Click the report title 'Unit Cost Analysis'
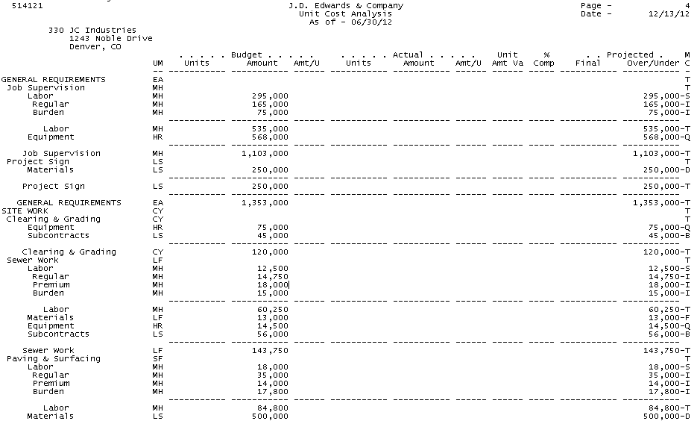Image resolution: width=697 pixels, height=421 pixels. click(345, 14)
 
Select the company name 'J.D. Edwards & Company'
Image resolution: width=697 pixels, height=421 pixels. click(345, 6)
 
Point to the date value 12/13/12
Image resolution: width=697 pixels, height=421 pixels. click(669, 14)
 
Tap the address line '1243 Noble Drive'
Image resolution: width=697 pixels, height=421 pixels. click(110, 38)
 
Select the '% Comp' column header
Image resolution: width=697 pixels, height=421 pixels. click(543, 59)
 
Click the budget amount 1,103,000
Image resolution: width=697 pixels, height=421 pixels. click(265, 154)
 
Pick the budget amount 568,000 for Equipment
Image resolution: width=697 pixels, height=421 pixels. click(270, 137)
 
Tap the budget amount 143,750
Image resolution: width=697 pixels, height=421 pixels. click(270, 351)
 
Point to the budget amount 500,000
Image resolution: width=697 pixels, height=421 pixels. click(270, 417)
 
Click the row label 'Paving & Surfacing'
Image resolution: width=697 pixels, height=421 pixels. click(53, 359)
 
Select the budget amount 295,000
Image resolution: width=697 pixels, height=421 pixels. click(270, 96)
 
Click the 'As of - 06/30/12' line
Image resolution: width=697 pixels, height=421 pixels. click(350, 22)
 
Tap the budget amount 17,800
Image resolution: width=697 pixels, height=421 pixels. click(272, 392)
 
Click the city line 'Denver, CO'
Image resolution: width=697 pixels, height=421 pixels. click(95, 46)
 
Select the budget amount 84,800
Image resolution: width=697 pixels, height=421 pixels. click(272, 408)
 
